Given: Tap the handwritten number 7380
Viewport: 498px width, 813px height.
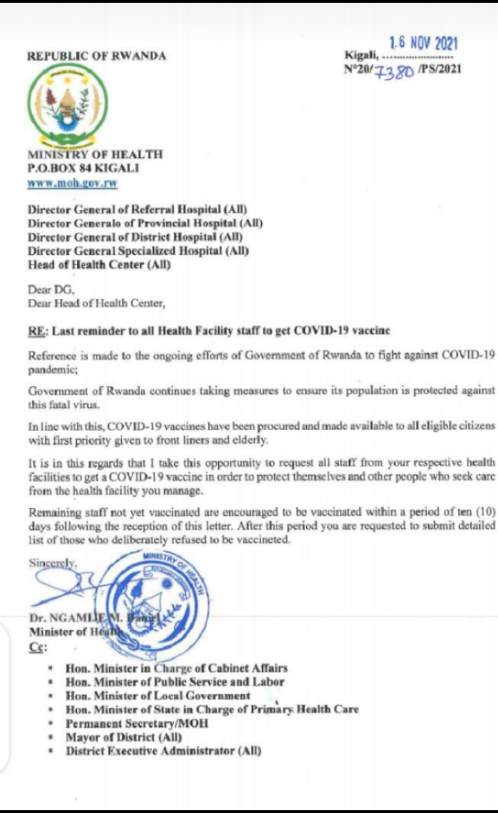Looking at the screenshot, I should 395,71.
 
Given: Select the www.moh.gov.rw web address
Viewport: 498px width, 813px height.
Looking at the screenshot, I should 72,184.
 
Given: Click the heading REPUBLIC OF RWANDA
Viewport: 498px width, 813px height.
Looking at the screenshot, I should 96,56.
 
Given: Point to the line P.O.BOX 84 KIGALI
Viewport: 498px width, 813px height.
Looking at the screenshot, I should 83,168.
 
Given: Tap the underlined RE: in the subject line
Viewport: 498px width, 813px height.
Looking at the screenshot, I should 37,331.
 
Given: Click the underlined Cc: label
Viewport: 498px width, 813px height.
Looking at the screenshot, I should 36,647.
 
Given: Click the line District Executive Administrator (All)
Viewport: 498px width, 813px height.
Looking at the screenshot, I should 163,751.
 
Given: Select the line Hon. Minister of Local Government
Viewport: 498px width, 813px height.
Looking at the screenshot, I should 158,695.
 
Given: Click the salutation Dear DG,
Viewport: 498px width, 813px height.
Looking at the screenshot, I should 45,291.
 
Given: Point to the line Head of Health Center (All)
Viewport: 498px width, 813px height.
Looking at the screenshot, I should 99,265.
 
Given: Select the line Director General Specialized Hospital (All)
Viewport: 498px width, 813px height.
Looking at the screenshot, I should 138,251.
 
